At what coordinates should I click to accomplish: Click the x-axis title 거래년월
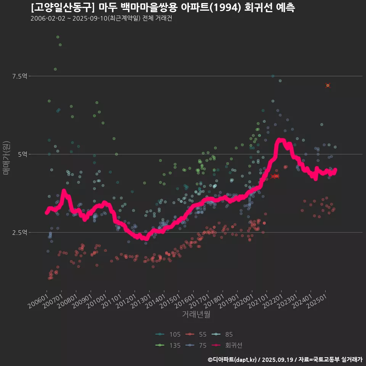196,315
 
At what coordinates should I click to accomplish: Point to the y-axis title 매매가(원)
6,157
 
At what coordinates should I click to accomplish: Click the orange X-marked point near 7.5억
328,85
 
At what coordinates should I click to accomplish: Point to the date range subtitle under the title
101,19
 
